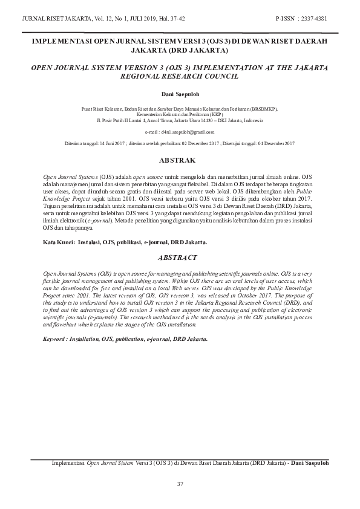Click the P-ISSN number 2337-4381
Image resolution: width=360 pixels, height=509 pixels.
[x=314, y=18]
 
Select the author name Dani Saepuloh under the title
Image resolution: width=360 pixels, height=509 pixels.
[x=180, y=96]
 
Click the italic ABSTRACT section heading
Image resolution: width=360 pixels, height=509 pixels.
[x=180, y=258]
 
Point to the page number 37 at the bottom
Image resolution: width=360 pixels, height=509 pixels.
[x=180, y=484]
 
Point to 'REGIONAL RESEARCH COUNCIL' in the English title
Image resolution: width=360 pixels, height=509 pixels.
[x=180, y=77]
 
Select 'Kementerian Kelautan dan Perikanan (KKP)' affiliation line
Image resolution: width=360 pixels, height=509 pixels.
[x=180, y=115]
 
